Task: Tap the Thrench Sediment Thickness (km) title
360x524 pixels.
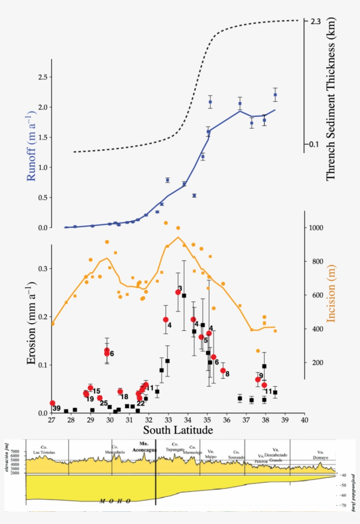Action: [331, 99]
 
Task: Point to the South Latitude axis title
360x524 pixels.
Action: [178, 430]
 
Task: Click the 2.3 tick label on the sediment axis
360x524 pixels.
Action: [316, 21]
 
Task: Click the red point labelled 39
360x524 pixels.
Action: [52, 403]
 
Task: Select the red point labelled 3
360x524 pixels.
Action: [178, 292]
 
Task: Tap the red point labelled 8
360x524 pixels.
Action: [223, 370]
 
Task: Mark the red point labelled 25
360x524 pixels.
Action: [100, 398]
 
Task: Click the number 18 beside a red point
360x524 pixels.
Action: [124, 397]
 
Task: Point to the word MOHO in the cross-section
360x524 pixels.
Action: [115, 500]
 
